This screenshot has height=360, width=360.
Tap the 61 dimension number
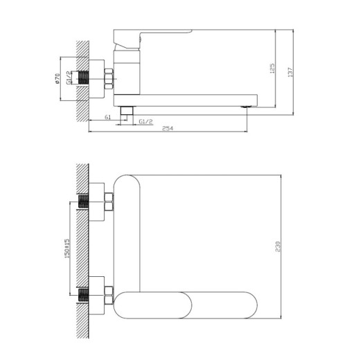[108, 117]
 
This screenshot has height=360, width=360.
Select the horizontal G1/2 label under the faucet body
[146, 122]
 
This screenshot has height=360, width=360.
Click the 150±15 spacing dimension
[66, 249]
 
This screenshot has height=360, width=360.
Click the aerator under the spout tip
[244, 106]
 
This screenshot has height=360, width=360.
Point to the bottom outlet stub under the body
[127, 110]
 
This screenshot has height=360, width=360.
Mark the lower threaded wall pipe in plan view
[84, 293]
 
